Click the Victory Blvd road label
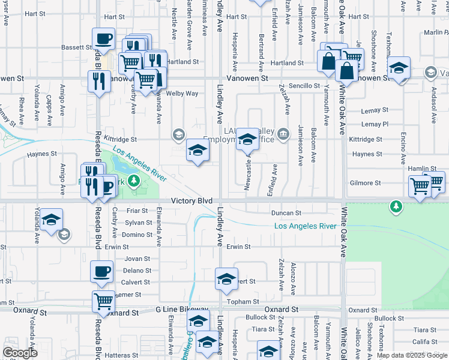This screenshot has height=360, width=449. [191, 200]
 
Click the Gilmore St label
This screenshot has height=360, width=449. [366, 183]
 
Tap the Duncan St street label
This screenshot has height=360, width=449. [286, 212]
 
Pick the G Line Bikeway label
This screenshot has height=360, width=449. [182, 309]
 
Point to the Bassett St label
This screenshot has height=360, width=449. [76, 47]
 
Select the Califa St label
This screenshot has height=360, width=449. [424, 341]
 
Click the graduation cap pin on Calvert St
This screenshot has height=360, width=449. [226, 279]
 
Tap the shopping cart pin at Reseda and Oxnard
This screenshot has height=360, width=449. [103, 301]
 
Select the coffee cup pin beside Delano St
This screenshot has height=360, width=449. [101, 271]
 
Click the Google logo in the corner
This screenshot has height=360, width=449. [20, 353]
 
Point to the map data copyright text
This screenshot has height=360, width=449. [412, 355]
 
